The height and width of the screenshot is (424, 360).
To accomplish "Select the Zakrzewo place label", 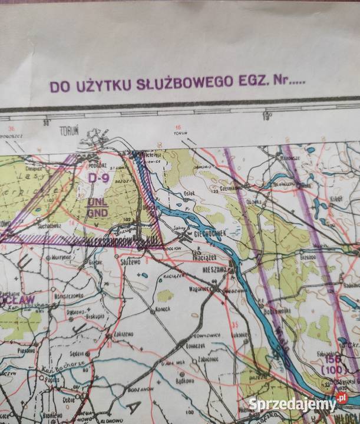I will click(121, 333).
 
